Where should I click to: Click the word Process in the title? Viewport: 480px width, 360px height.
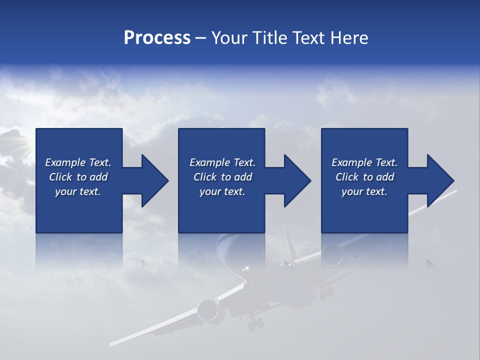[x=157, y=38]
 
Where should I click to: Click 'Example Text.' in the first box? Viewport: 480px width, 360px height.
[x=78, y=162]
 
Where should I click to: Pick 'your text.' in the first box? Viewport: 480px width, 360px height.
[x=78, y=191]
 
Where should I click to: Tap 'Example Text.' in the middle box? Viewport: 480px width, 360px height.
[x=222, y=162]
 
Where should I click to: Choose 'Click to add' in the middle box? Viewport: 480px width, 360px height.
[x=222, y=177]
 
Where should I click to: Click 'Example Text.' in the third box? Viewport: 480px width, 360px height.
[x=364, y=162]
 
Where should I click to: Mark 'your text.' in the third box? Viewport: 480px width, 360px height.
[x=364, y=191]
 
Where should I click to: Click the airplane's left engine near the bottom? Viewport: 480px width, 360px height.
[x=208, y=310]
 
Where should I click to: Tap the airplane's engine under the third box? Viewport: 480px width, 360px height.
[x=332, y=254]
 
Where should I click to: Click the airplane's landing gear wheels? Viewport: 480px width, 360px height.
[x=255, y=324]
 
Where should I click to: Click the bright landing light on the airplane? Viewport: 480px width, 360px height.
[x=245, y=270]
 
